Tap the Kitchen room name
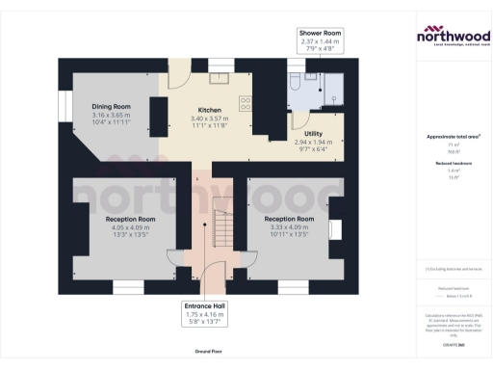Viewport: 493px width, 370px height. [210, 110]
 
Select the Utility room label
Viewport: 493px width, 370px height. [313, 133]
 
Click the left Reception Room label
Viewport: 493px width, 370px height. [130, 219]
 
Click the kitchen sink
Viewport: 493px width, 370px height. [219, 76]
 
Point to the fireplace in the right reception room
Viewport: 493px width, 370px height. [333, 229]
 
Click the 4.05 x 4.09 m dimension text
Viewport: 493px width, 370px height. [130, 227]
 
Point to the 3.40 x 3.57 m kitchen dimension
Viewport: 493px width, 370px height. [210, 119]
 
